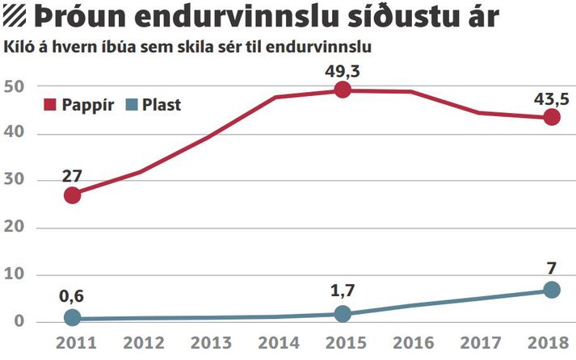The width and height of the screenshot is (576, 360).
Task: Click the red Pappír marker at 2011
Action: click(73, 195)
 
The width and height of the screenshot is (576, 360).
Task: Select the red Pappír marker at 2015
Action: click(343, 90)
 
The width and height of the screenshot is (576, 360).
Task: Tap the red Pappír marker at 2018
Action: click(552, 117)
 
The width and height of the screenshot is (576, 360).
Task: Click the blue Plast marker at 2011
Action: click(73, 317)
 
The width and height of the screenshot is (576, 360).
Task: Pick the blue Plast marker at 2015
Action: click(343, 314)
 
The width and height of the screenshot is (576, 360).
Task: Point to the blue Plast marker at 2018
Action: click(552, 290)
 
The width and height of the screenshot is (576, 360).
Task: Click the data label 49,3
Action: click(342, 71)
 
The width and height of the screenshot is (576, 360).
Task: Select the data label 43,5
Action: click(552, 99)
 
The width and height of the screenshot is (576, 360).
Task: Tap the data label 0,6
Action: click(71, 295)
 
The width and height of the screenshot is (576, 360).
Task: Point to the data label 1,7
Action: click(343, 291)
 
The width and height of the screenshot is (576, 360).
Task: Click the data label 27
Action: click(72, 177)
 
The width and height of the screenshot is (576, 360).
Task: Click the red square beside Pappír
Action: click(49, 105)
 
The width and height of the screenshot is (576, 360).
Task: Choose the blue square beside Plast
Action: click(131, 105)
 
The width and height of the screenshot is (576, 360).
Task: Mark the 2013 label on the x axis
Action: click(211, 343)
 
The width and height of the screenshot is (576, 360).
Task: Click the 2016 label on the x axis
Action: click(414, 343)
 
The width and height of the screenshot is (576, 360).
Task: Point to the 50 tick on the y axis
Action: click(14, 86)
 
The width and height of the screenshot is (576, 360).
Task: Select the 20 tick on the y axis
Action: click(14, 227)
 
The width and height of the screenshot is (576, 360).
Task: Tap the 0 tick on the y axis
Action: click(19, 321)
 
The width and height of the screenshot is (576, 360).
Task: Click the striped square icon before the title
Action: click(15, 17)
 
